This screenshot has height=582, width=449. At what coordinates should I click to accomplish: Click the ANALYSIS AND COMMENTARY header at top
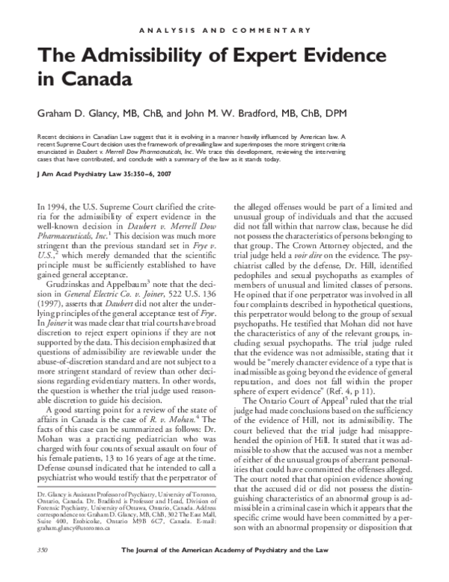pyautogui.click(x=224, y=30)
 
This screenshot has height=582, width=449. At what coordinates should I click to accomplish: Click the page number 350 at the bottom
pyautogui.click(x=32, y=571)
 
